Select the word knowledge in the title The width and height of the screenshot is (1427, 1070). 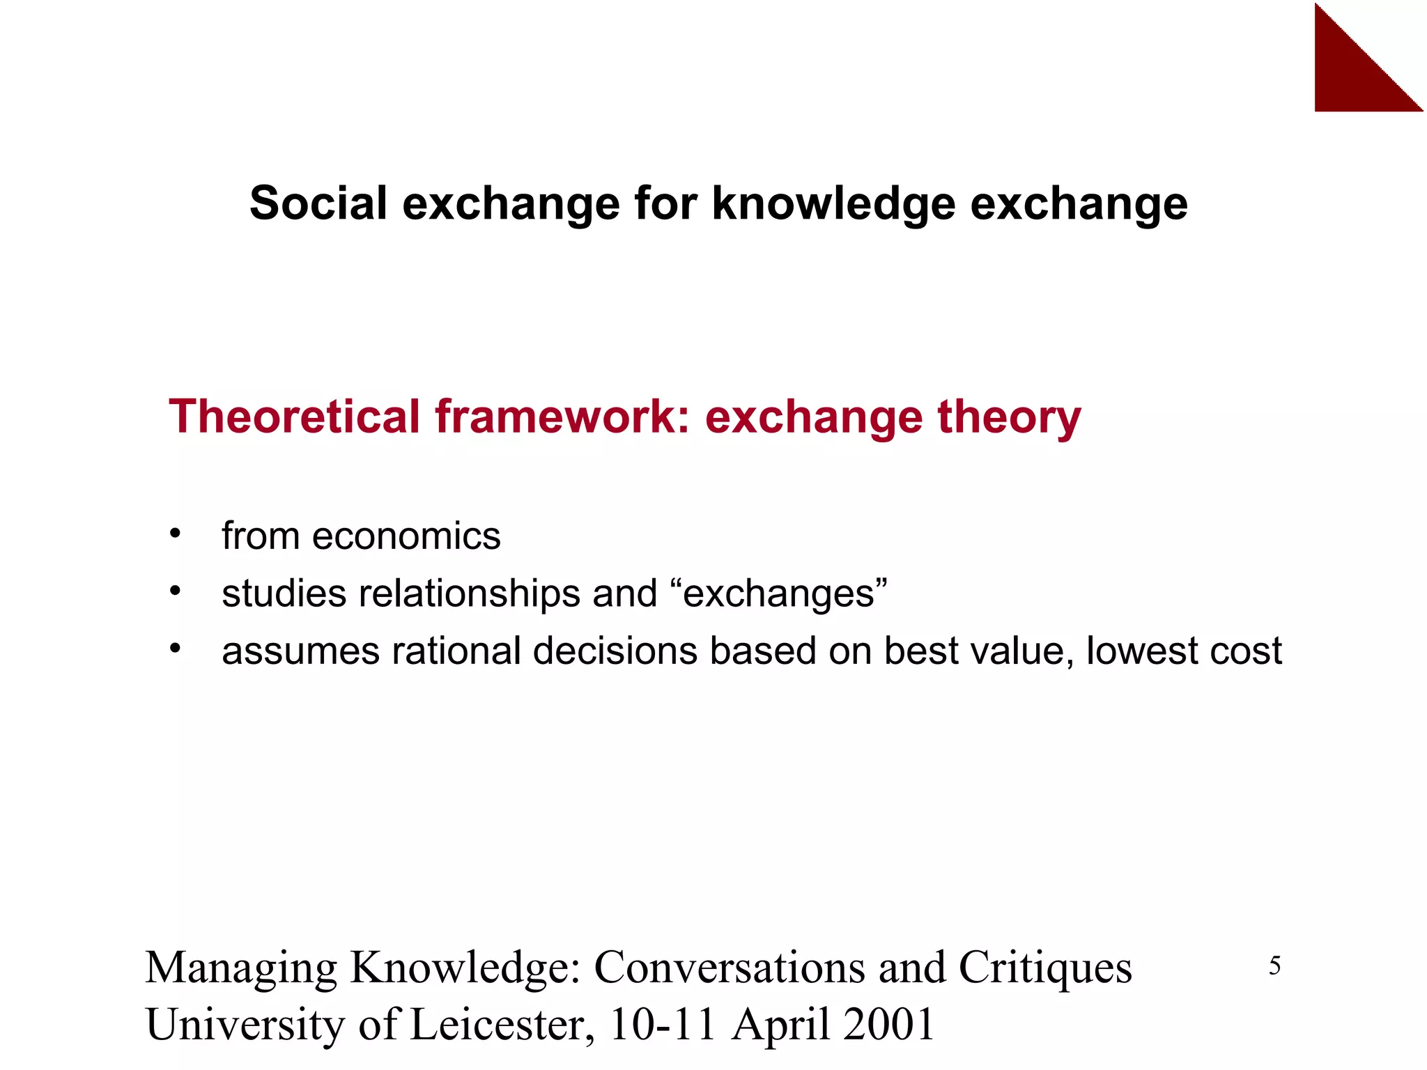pyautogui.click(x=833, y=205)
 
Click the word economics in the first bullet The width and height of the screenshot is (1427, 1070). pyautogui.click(x=406, y=536)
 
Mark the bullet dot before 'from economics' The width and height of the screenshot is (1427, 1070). pyautogui.click(x=175, y=534)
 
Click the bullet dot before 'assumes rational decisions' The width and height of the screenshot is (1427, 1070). pyautogui.click(x=175, y=649)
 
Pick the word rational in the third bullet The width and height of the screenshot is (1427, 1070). pyautogui.click(x=456, y=651)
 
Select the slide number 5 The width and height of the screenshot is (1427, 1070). pyautogui.click(x=1274, y=966)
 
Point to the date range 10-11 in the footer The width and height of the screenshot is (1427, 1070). pyautogui.click(x=663, y=1024)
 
